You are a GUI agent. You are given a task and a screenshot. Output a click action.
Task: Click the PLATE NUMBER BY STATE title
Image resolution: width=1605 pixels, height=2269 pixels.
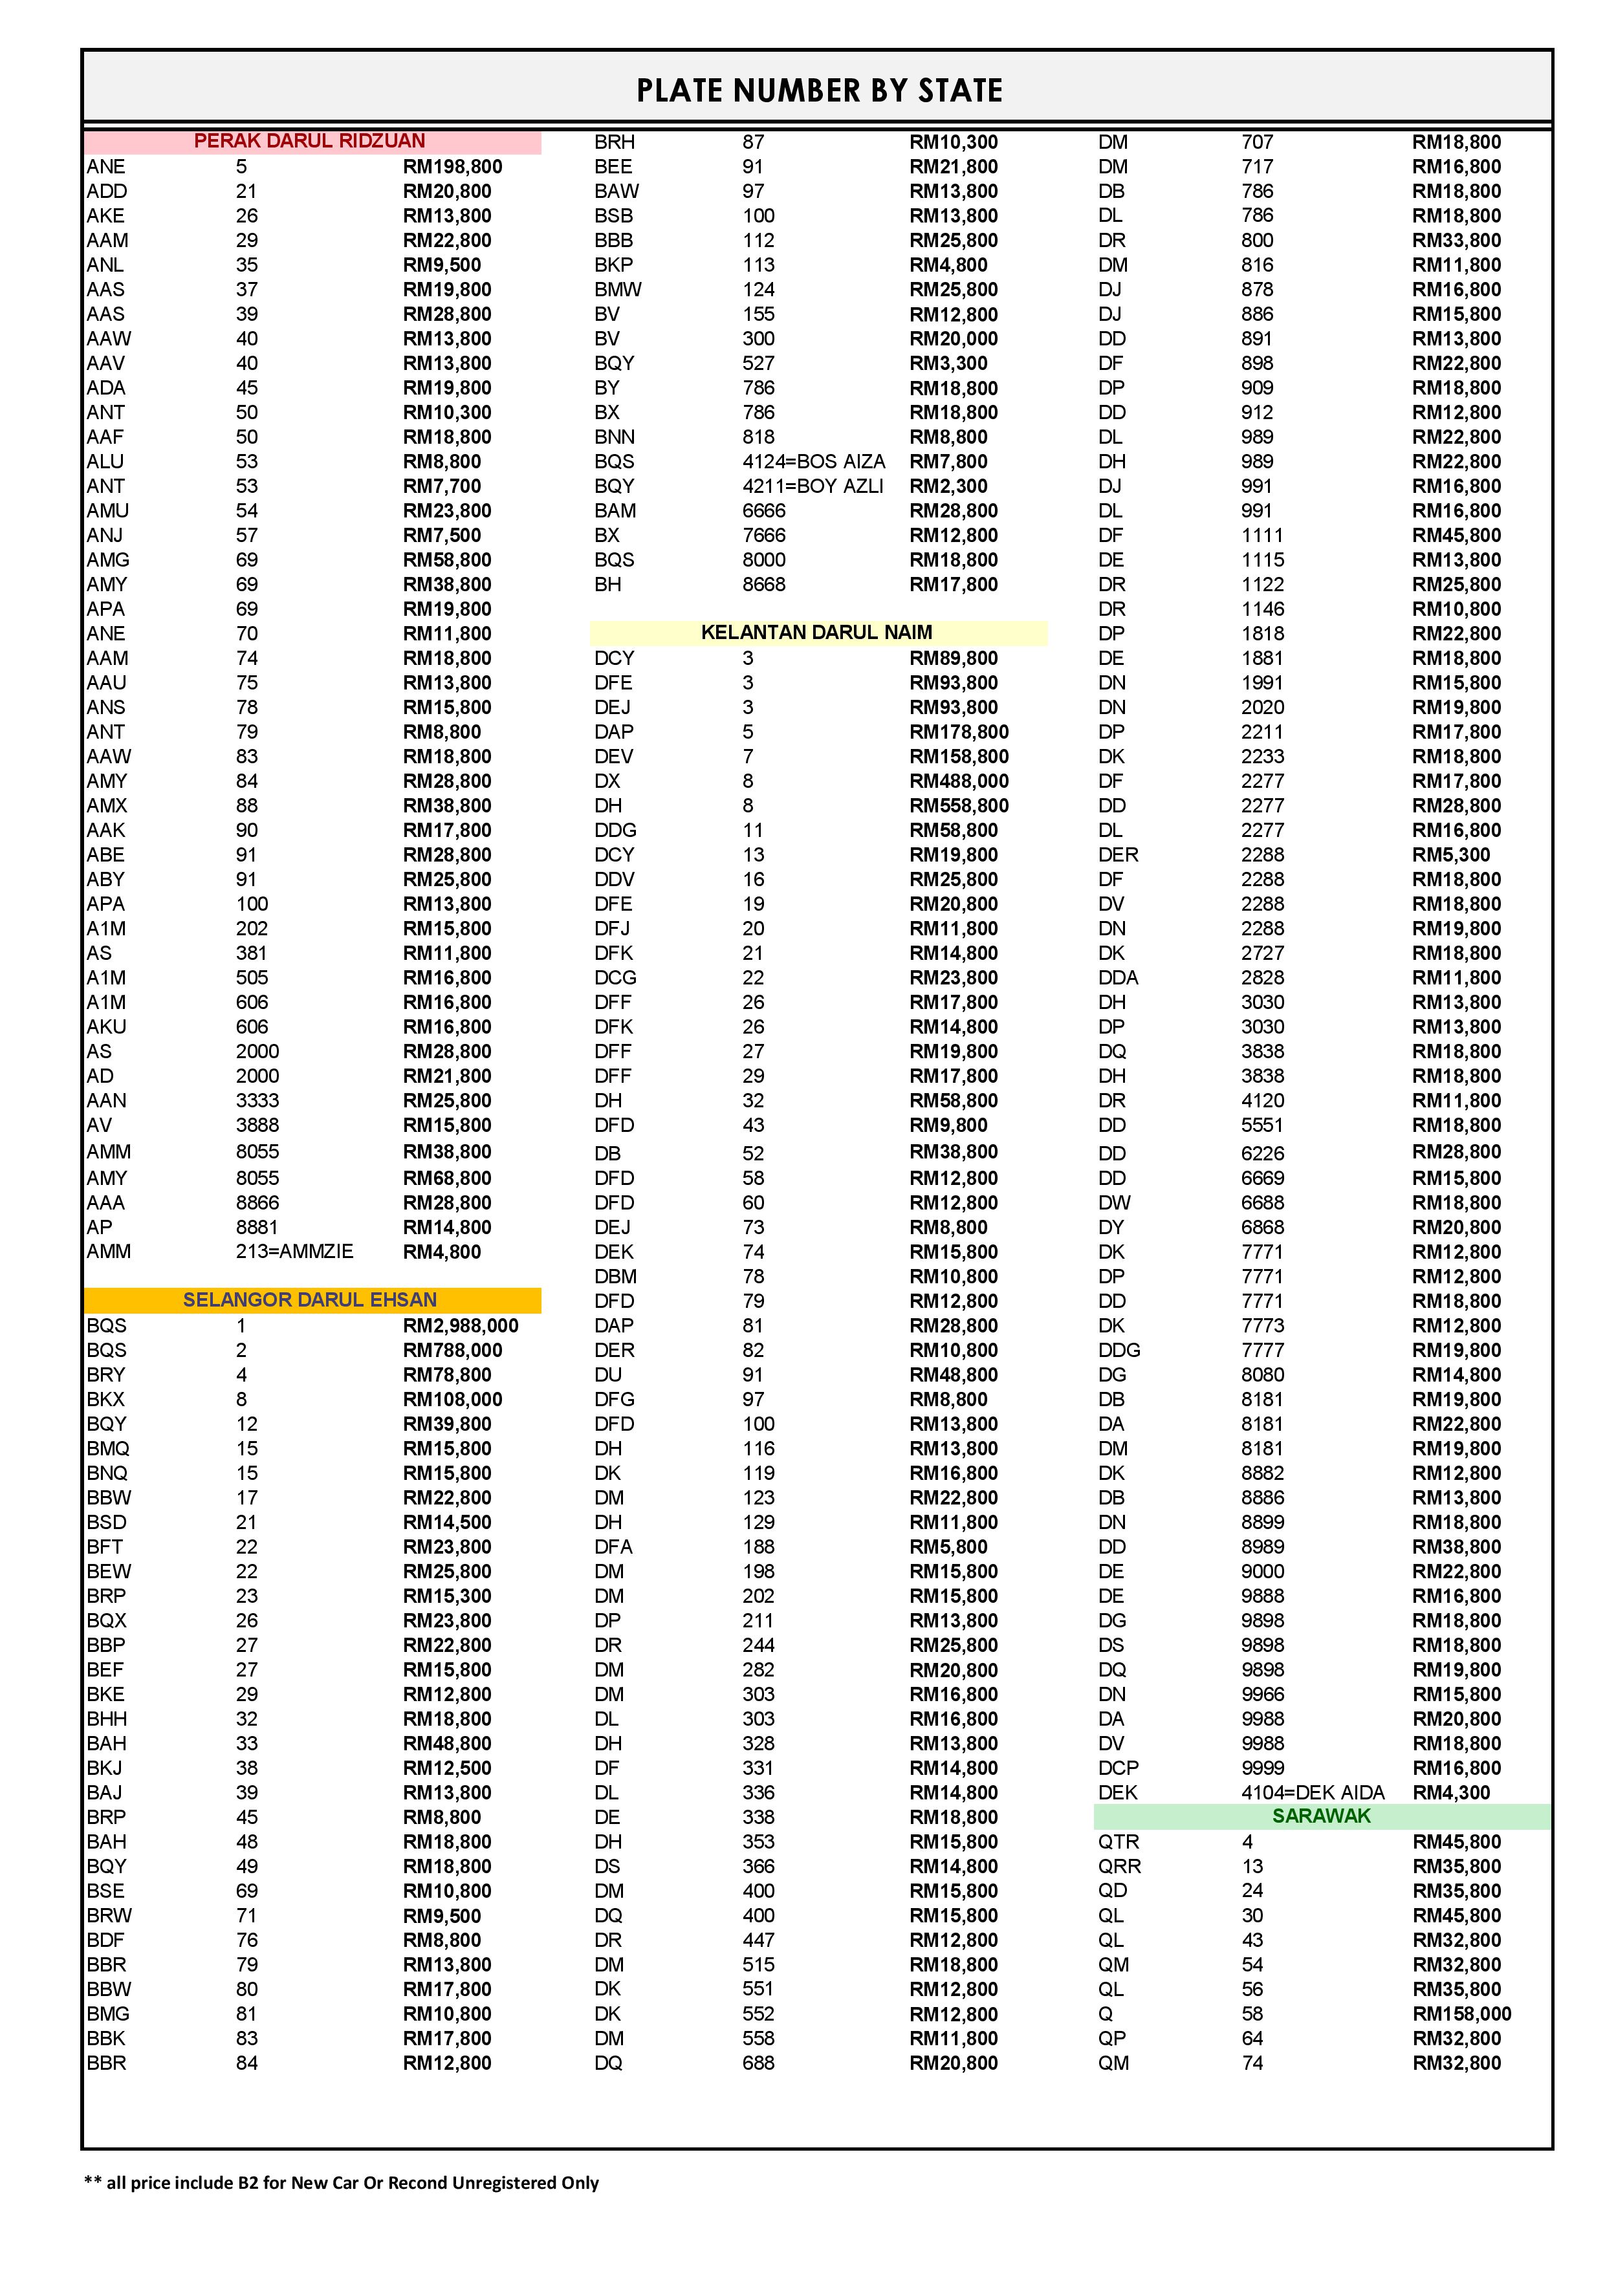click(819, 91)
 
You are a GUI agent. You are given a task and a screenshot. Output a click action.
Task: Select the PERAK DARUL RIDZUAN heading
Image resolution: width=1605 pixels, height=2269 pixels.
click(309, 141)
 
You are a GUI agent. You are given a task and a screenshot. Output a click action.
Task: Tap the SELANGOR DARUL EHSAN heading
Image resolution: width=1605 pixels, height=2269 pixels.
click(309, 1299)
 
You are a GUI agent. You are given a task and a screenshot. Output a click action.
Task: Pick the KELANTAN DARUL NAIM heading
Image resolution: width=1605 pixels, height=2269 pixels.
click(816, 633)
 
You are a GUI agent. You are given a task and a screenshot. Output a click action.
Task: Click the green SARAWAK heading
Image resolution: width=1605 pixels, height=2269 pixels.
click(1322, 1816)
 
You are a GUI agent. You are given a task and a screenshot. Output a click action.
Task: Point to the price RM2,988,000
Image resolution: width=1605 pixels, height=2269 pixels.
click(461, 1325)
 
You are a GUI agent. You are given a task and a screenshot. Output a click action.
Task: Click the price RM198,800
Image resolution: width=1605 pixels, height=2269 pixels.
click(453, 167)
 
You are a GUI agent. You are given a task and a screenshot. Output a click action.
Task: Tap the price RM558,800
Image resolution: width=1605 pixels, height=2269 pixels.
click(959, 805)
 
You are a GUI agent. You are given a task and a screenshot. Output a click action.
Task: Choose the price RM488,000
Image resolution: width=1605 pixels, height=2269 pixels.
click(959, 781)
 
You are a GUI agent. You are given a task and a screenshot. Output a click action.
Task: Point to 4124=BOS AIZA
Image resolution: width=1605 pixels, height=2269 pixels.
click(813, 462)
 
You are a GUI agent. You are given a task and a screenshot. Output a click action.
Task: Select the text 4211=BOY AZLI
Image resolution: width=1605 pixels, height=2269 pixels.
click(813, 486)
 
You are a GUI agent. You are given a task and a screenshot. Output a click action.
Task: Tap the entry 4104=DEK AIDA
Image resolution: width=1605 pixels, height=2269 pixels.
click(1313, 1793)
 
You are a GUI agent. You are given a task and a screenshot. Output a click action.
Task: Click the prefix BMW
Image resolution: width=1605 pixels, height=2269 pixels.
click(618, 290)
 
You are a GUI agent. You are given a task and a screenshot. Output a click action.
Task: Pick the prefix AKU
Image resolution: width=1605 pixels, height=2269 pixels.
click(108, 1026)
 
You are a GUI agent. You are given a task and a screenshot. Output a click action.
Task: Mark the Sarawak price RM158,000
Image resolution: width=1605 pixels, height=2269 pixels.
click(1461, 2014)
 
